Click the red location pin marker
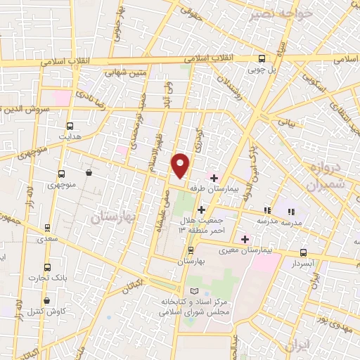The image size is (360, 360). coord(181,165)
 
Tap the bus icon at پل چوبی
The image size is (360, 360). coord(262,59)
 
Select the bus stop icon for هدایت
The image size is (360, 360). coord(68,122)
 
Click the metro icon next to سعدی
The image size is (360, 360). coord(47,227)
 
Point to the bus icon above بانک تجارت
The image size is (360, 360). coord(48,267)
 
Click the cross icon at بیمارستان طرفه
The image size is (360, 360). coord(214,178)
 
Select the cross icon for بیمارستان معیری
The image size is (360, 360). coord(245,239)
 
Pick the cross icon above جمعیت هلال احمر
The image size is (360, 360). coord(201,210)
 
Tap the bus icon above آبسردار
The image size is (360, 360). coord(303,252)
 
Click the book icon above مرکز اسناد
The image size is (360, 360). coord(195,291)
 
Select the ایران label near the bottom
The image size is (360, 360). coord(298,346)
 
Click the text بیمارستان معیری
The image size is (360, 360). coord(240,250)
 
